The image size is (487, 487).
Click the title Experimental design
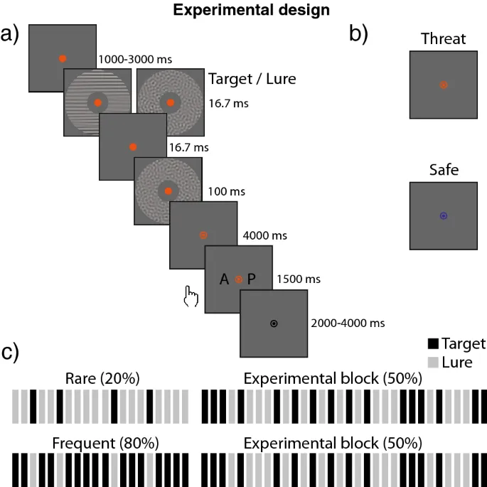(x=242, y=11)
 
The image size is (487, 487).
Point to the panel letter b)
(x=358, y=33)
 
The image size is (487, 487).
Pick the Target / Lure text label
(x=252, y=80)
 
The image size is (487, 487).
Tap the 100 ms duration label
(x=225, y=192)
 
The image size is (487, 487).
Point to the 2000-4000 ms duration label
(x=348, y=323)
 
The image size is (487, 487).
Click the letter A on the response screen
(x=224, y=280)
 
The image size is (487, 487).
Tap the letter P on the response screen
(x=252, y=280)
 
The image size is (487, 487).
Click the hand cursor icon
(x=190, y=295)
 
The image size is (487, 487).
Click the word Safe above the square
(x=442, y=170)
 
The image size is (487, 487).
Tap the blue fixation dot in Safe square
(x=443, y=215)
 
